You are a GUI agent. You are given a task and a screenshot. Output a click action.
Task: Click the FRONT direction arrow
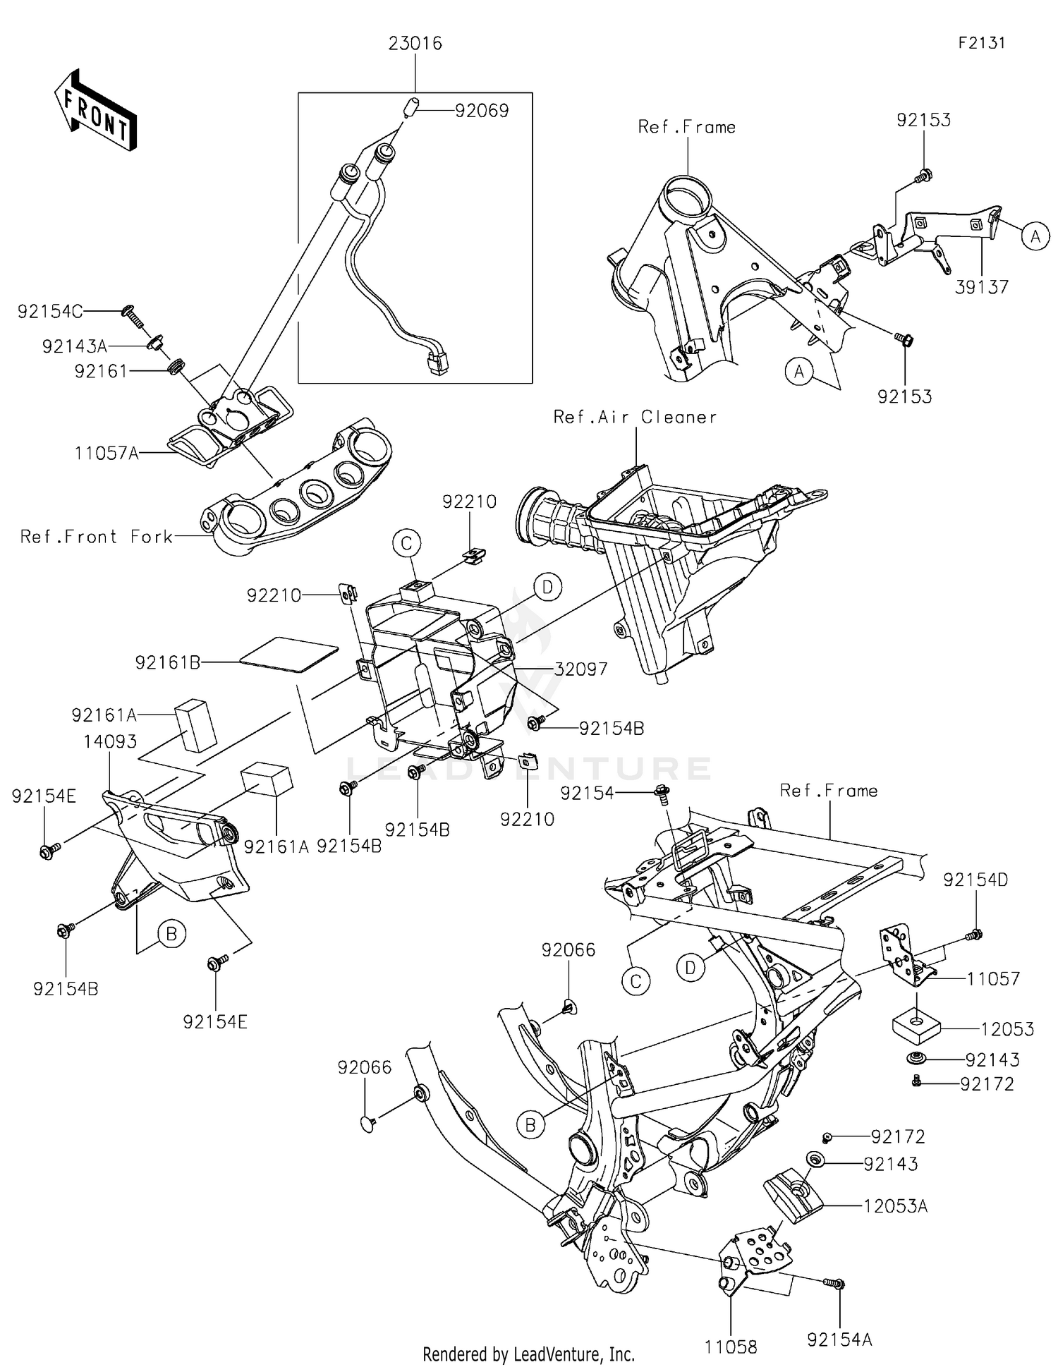pos(95,110)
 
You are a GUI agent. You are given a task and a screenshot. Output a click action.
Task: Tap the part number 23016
pos(415,44)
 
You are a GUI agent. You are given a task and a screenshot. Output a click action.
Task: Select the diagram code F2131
pos(981,42)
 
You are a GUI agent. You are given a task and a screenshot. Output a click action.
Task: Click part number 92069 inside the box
pos(482,111)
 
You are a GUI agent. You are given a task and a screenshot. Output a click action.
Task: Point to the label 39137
pos(982,287)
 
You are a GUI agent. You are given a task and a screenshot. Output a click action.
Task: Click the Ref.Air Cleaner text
pos(635,417)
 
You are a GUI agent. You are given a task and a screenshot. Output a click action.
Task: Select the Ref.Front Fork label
pos(97,537)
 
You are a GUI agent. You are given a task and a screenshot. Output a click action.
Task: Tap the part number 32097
pos(580,669)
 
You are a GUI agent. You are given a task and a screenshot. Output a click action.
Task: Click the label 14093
pos(110,741)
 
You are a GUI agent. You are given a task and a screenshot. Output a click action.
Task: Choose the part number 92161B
pos(168,662)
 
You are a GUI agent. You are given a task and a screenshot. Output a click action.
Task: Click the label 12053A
pos(895,1206)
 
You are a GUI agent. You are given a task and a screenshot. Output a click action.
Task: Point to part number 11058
pos(731,1347)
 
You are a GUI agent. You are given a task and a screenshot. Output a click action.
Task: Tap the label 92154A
pos(839,1339)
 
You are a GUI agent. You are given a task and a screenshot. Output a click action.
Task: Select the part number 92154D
pos(975,880)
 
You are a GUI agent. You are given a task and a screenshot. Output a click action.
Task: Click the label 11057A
pos(107,453)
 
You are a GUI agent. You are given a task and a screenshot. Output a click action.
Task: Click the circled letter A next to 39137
pos(1035,236)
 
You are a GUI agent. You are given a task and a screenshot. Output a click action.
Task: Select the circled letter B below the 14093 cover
pos(171,935)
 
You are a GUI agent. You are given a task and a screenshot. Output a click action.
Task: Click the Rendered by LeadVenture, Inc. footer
pos(528,1354)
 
